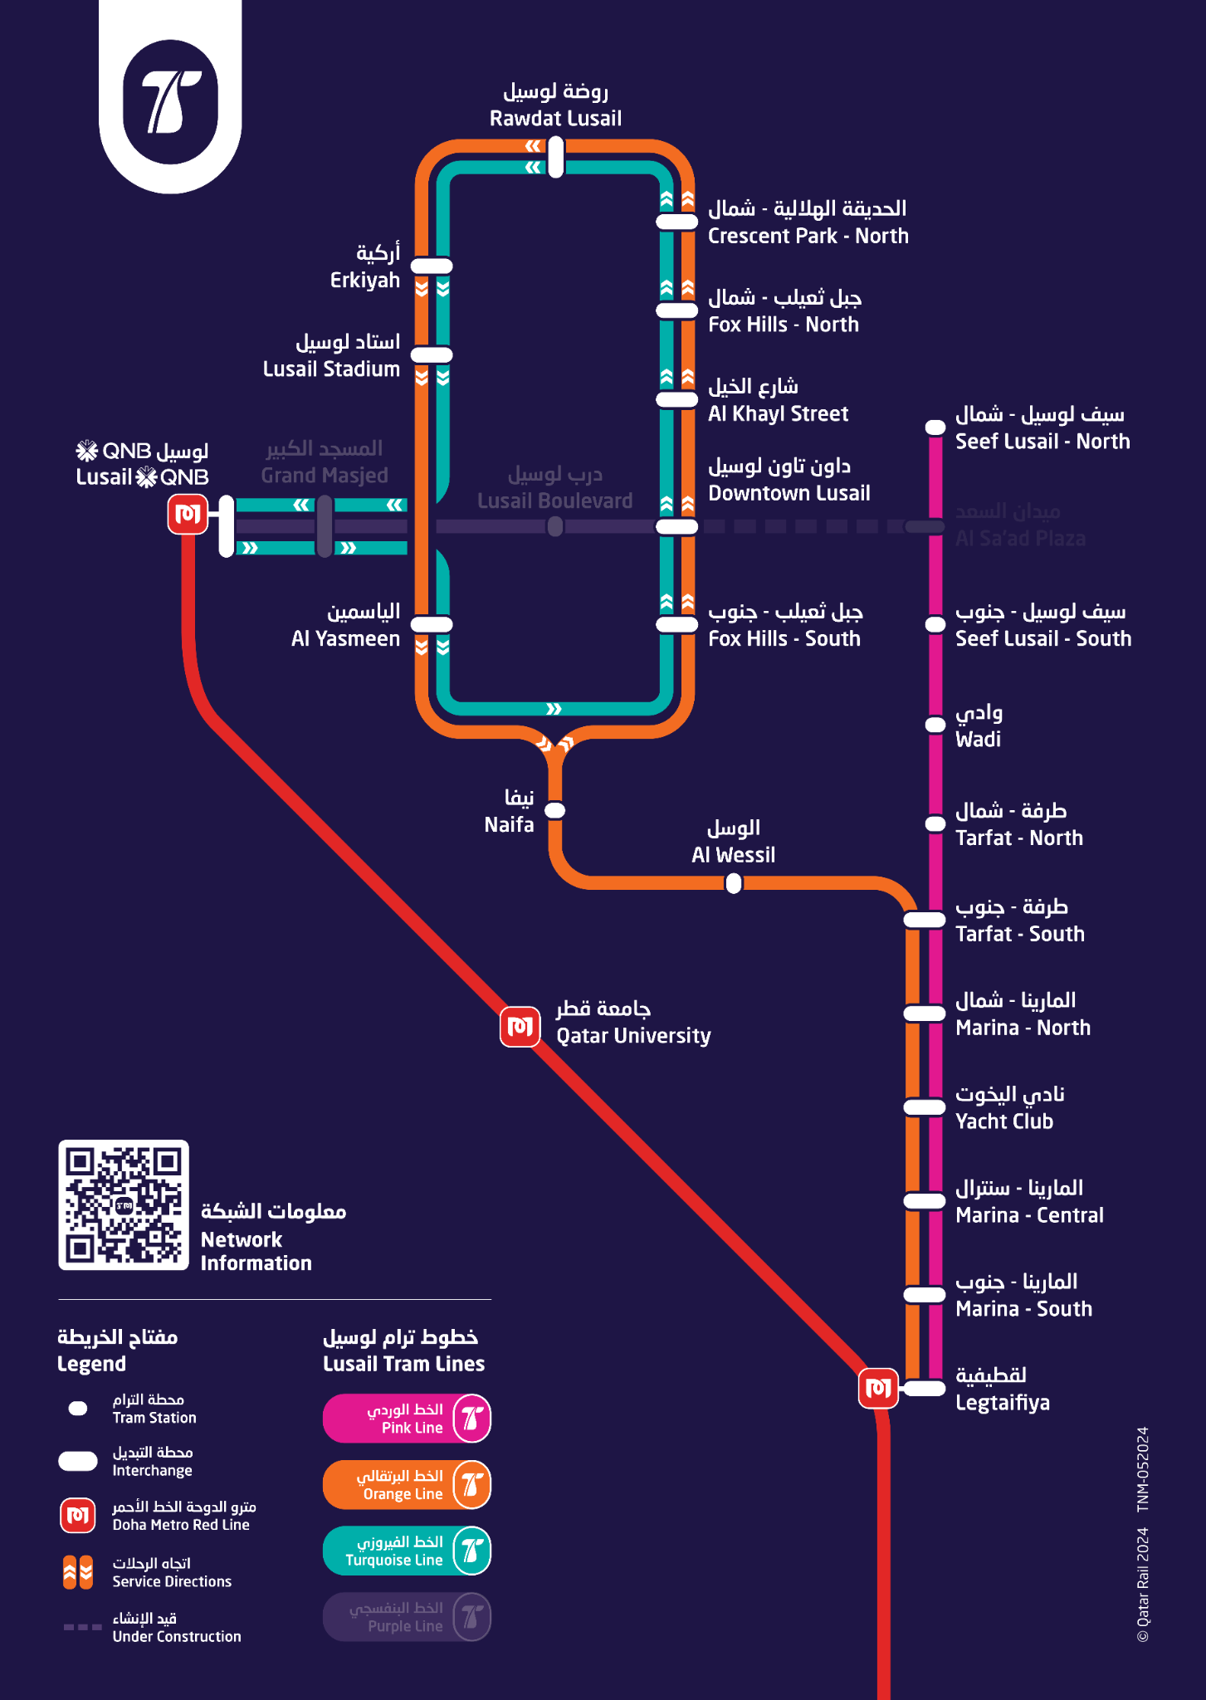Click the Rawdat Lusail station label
pyautogui.click(x=555, y=105)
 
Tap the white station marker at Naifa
pyautogui.click(x=554, y=810)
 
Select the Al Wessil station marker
pyautogui.click(x=734, y=884)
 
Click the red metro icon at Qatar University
pyautogui.click(x=520, y=1026)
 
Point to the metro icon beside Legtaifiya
pyautogui.click(x=878, y=1388)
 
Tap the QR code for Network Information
pyautogui.click(x=124, y=1205)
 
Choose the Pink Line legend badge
pyautogui.click(x=407, y=1419)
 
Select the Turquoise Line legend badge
pyautogui.click(x=407, y=1551)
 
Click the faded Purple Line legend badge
pyautogui.click(x=407, y=1616)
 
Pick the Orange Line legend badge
pyautogui.click(x=407, y=1485)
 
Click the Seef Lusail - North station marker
pyautogui.click(x=935, y=427)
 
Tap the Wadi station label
pyautogui.click(x=979, y=726)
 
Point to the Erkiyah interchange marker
pyautogui.click(x=432, y=266)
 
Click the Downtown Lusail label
pyautogui.click(x=789, y=480)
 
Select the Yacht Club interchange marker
pyautogui.click(x=924, y=1106)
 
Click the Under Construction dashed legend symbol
pyautogui.click(x=83, y=1627)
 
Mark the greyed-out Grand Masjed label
pyautogui.click(x=324, y=462)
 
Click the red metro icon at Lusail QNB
pyautogui.click(x=188, y=514)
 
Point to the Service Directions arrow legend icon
pyautogui.click(x=78, y=1572)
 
